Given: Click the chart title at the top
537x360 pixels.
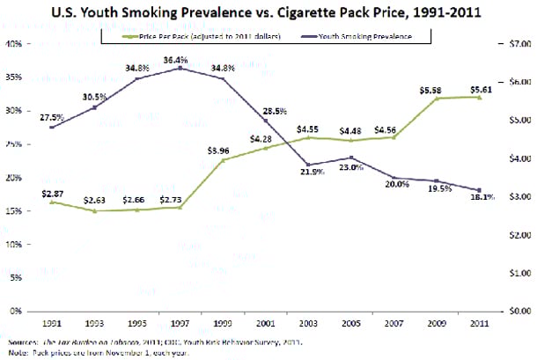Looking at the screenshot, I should (269, 11).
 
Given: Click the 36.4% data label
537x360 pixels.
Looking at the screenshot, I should (180, 59).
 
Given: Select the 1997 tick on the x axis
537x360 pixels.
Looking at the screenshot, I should (180, 323).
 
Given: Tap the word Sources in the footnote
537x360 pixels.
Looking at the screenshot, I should (21, 341).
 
